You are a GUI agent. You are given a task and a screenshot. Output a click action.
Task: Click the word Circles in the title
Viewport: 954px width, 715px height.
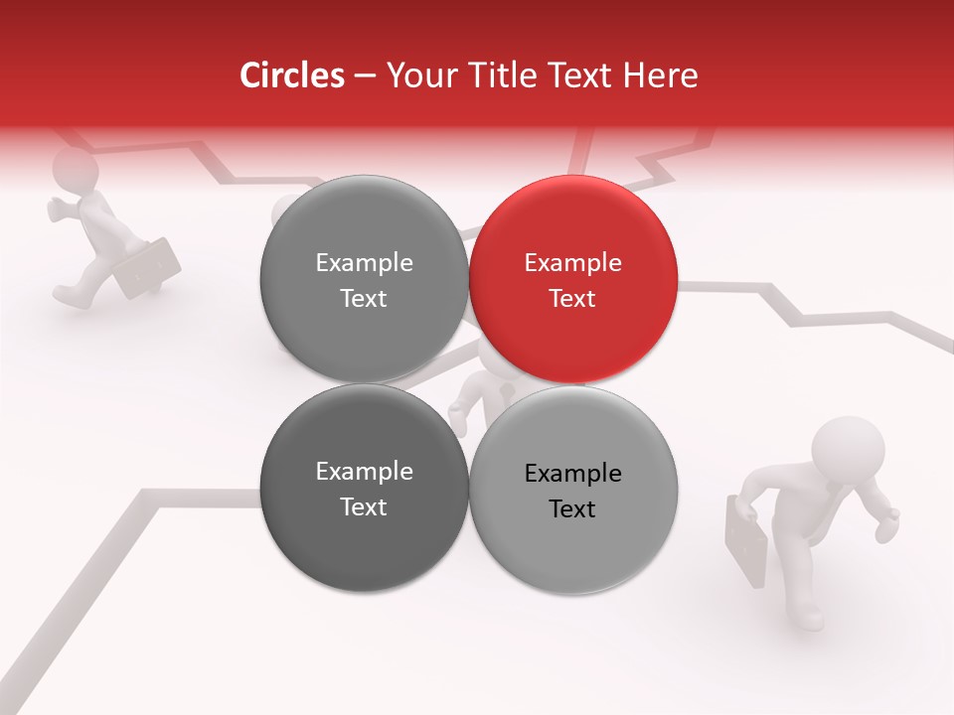click(x=292, y=75)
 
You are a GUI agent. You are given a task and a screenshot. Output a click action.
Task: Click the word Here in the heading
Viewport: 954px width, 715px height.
click(x=662, y=75)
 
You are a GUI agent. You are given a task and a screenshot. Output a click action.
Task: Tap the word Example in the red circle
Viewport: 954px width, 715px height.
click(x=572, y=263)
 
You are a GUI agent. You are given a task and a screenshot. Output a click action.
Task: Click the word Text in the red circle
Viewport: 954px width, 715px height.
click(x=572, y=298)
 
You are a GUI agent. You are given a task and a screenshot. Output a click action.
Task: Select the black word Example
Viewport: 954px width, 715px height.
click(x=572, y=473)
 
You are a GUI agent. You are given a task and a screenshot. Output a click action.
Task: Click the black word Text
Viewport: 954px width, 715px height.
click(x=572, y=508)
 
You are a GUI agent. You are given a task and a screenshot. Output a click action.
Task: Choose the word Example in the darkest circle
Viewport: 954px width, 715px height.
click(x=364, y=472)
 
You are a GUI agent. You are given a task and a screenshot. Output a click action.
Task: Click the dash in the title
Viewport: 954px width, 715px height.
click(x=365, y=76)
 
